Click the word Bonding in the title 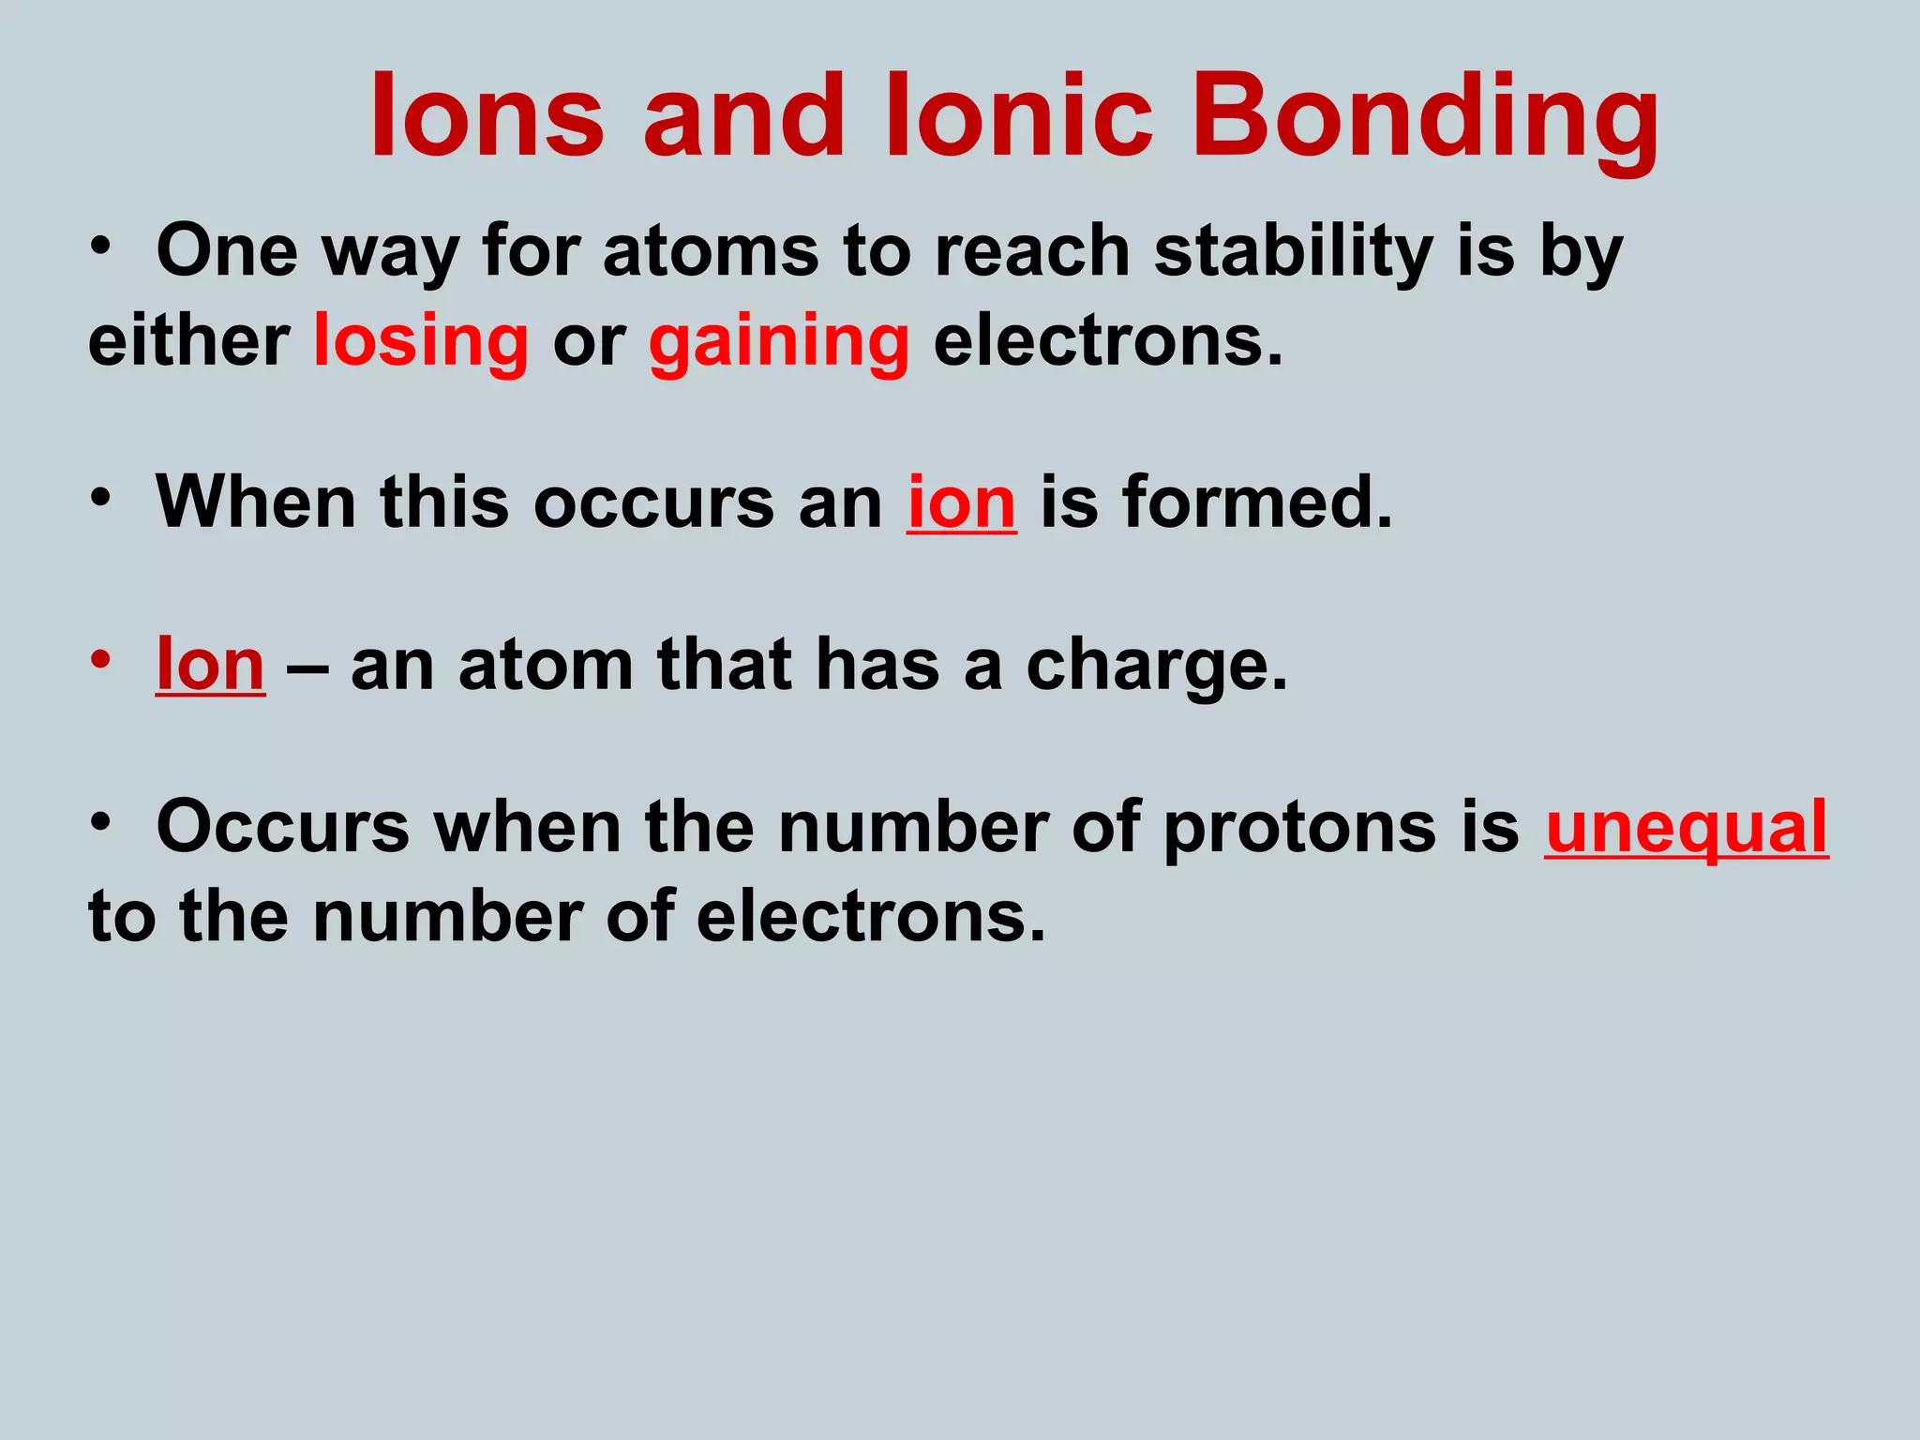click(x=1424, y=118)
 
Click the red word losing click(x=421, y=341)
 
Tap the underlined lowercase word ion click(x=961, y=502)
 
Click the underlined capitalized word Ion click(x=210, y=665)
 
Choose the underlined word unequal click(x=1687, y=828)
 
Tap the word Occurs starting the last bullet click(x=283, y=828)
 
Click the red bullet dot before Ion click(x=101, y=658)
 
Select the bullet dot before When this click(x=101, y=497)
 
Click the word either click(x=188, y=341)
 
